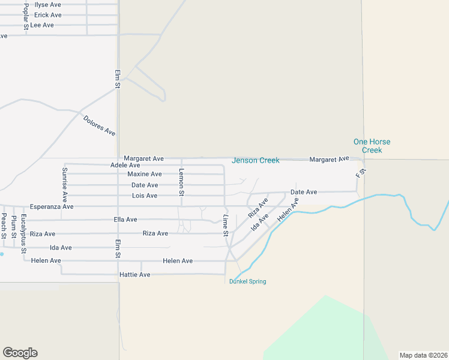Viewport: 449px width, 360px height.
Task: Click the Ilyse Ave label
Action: pyautogui.click(x=48, y=4)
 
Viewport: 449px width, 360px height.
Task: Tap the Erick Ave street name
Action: pyautogui.click(x=48, y=15)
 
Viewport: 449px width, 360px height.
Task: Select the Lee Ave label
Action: pyautogui.click(x=42, y=25)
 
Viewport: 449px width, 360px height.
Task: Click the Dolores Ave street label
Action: pyautogui.click(x=100, y=125)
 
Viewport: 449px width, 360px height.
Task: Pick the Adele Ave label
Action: pyautogui.click(x=125, y=165)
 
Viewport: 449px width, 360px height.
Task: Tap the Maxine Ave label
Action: pyautogui.click(x=145, y=174)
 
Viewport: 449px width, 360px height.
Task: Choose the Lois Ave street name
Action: pyautogui.click(x=145, y=196)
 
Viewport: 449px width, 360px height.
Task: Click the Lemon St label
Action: pyautogui.click(x=181, y=182)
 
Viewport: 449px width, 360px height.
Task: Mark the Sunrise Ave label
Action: pyautogui.click(x=65, y=183)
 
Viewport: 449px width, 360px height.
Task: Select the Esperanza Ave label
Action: pyautogui.click(x=52, y=206)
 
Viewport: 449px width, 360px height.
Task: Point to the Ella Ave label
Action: pyautogui.click(x=125, y=220)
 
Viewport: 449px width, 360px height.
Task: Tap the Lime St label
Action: pyautogui.click(x=226, y=224)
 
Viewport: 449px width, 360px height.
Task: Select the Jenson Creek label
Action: pyautogui.click(x=256, y=160)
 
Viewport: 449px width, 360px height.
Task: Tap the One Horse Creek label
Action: pyautogui.click(x=372, y=146)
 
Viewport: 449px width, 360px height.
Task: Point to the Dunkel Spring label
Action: pyautogui.click(x=247, y=281)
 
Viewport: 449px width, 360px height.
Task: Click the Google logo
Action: pyautogui.click(x=20, y=353)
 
